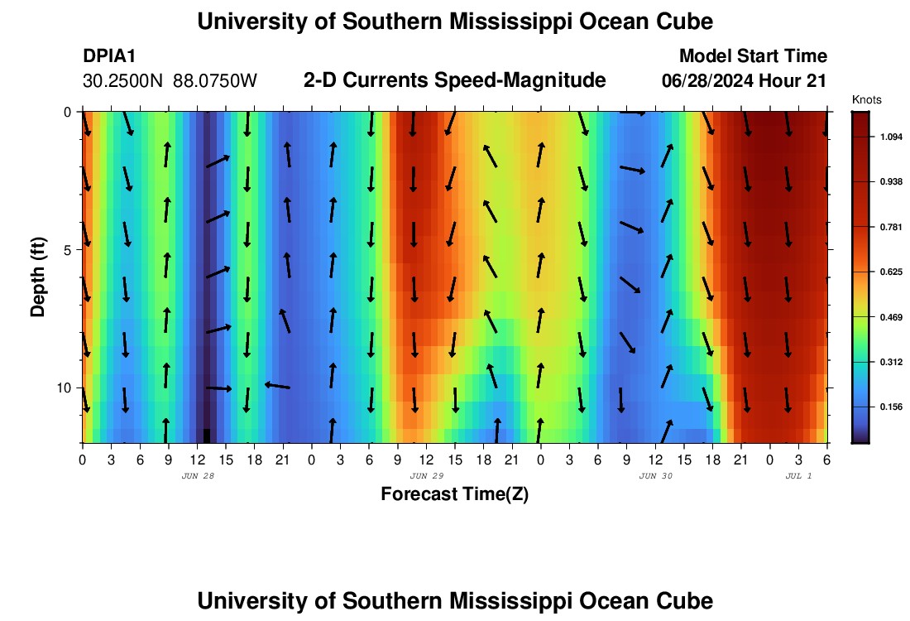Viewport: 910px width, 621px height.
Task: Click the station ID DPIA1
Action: pyautogui.click(x=109, y=56)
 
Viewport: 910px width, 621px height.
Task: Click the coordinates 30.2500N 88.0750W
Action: pyautogui.click(x=170, y=81)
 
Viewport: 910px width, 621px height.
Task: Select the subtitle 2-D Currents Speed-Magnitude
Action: pyautogui.click(x=455, y=80)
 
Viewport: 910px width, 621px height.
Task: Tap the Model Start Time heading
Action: pyautogui.click(x=753, y=56)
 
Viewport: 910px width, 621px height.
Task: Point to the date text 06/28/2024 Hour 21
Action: pyautogui.click(x=745, y=81)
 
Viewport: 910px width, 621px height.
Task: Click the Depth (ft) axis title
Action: pyautogui.click(x=38, y=277)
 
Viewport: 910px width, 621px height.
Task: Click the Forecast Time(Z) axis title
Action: pyautogui.click(x=454, y=494)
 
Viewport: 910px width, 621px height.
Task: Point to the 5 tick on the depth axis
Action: pyautogui.click(x=67, y=249)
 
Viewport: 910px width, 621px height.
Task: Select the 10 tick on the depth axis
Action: pyautogui.click(x=64, y=388)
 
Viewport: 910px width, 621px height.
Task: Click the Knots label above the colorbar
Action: pyautogui.click(x=866, y=99)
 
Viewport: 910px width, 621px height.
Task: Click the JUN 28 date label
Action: pyautogui.click(x=197, y=476)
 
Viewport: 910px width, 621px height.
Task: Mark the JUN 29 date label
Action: pyautogui.click(x=426, y=476)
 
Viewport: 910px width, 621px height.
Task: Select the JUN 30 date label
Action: pyautogui.click(x=655, y=476)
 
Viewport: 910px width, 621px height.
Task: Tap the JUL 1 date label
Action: pyautogui.click(x=797, y=476)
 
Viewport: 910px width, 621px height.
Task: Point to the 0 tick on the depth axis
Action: pyautogui.click(x=67, y=112)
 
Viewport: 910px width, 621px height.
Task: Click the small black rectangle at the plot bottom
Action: pyautogui.click(x=207, y=436)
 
